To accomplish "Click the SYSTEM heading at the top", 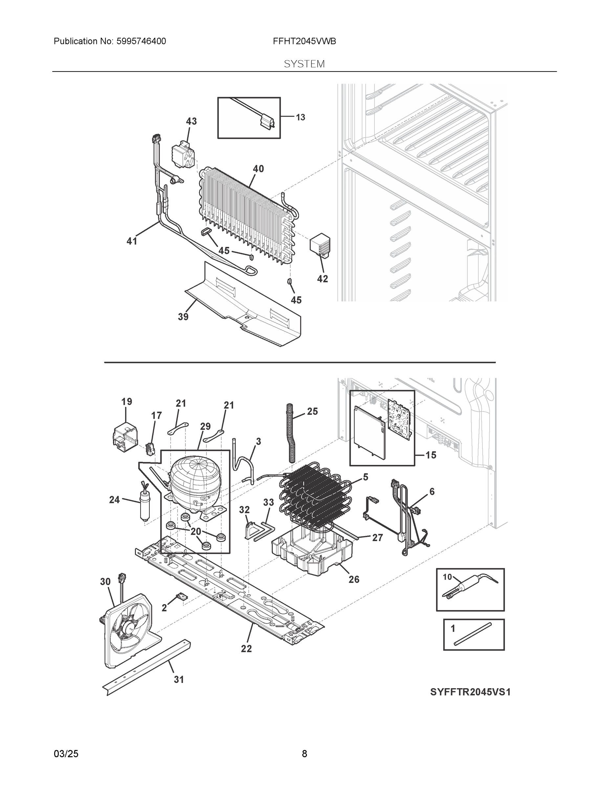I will tap(304, 64).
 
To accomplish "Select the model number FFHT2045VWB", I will tap(304, 41).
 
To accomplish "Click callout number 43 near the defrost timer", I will tap(191, 121).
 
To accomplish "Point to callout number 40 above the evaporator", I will tap(258, 168).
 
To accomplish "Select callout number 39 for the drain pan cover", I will tap(183, 317).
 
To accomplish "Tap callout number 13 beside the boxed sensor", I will tap(300, 117).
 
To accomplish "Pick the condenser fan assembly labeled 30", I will tap(128, 630).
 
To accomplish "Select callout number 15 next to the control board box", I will tap(431, 455).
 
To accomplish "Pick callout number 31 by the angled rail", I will tap(179, 679).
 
